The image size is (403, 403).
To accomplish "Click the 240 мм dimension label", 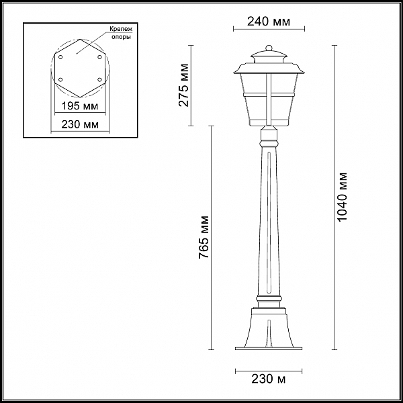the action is (269, 21).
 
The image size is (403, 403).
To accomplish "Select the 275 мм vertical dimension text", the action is (184, 85).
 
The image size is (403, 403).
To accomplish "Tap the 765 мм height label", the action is (204, 237).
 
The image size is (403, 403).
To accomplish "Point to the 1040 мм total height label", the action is (342, 197).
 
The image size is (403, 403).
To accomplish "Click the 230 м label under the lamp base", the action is (269, 379).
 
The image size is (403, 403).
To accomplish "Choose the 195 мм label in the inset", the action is (80, 105).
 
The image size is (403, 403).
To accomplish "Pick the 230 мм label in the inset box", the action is (80, 124).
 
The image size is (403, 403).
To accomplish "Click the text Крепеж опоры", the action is (121, 33).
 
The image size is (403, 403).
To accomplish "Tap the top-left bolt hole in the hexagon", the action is (60, 57).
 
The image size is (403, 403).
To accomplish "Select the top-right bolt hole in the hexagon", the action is (99, 57).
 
